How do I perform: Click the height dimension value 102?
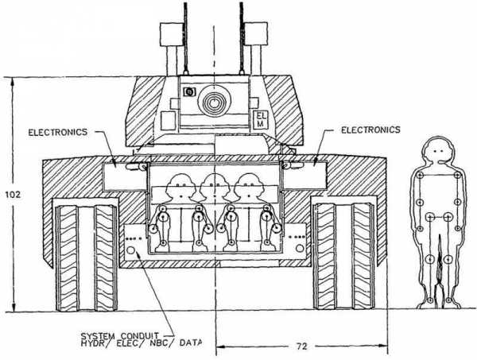point(13,194)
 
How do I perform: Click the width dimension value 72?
point(301,346)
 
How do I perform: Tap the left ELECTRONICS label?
point(58,132)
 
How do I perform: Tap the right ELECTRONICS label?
point(370,130)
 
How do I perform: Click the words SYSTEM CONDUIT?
point(119,336)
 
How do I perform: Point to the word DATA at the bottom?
point(191,343)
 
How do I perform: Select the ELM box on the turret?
point(262,120)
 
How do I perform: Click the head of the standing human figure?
point(438,149)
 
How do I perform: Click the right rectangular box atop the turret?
point(256,33)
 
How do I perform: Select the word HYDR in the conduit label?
point(91,343)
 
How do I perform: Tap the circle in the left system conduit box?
point(131,250)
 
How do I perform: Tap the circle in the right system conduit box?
point(300,248)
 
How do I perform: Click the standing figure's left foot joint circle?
point(430,300)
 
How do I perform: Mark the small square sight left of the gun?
point(189,91)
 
